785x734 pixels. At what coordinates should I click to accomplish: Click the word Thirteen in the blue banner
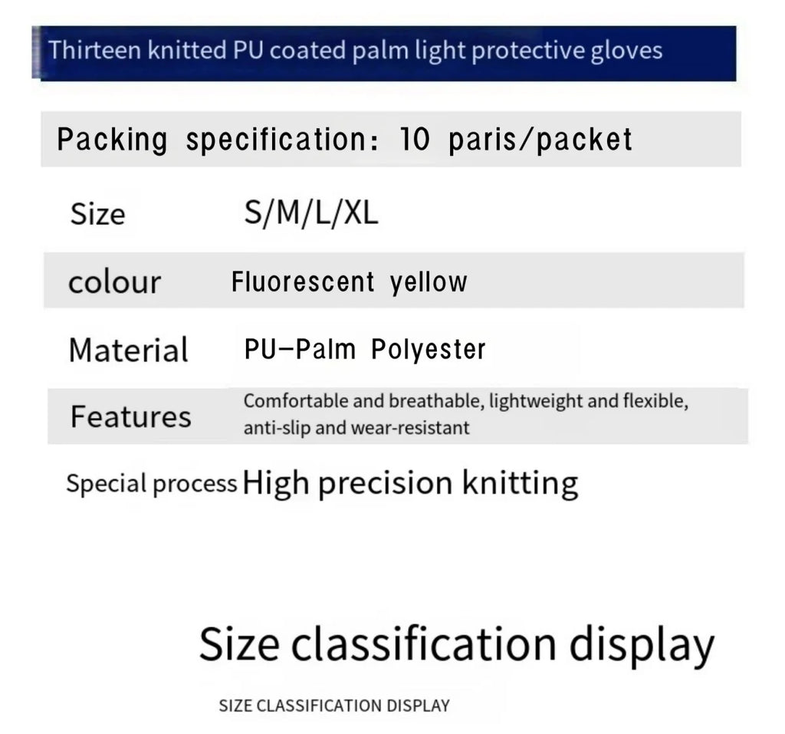94,50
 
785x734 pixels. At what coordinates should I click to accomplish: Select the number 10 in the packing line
415,139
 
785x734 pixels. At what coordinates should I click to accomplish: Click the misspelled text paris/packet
540,140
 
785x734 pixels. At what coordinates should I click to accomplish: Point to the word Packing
112,140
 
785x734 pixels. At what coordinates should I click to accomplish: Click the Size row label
97,214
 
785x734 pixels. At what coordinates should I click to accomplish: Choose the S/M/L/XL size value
311,213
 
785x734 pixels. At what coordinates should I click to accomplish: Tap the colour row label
115,282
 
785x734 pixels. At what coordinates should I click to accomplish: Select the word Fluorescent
303,281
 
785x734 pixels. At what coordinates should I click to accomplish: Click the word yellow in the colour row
429,283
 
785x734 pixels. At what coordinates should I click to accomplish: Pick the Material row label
129,350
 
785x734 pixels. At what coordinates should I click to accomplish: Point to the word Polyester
428,350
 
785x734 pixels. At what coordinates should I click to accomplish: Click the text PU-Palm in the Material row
300,349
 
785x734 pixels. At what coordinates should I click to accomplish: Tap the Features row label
130,416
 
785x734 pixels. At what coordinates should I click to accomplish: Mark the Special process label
152,484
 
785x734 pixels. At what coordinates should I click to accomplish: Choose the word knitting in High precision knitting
521,484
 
